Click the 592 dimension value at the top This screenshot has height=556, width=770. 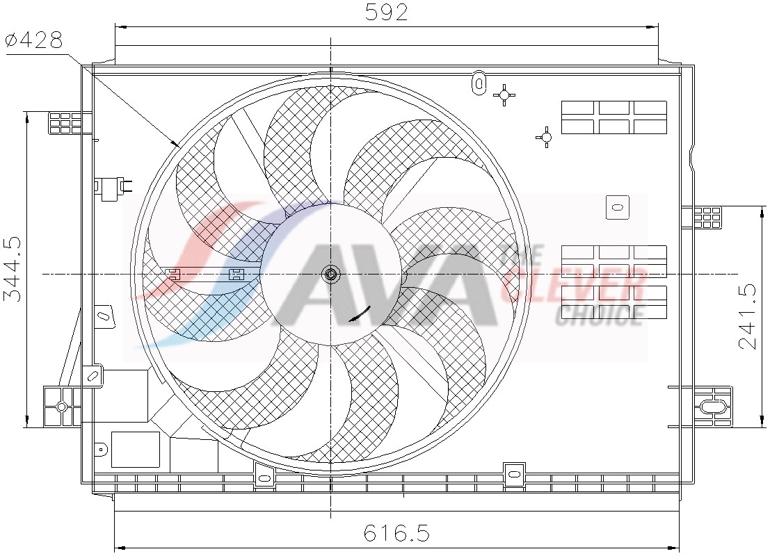386,12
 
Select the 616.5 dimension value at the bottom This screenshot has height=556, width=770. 396,533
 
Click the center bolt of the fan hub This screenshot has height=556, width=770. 331,274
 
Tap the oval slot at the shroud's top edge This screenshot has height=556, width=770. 478,81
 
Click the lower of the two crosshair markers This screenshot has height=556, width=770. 546,138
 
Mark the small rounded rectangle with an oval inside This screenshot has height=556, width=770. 617,206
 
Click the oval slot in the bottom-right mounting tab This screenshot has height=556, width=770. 713,407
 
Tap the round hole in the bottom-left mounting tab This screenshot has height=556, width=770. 61,407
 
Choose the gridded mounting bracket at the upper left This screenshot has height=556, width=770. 65,122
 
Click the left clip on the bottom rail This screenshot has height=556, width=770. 264,474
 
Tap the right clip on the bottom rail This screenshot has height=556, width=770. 514,473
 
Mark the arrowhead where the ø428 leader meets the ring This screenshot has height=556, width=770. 177,144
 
